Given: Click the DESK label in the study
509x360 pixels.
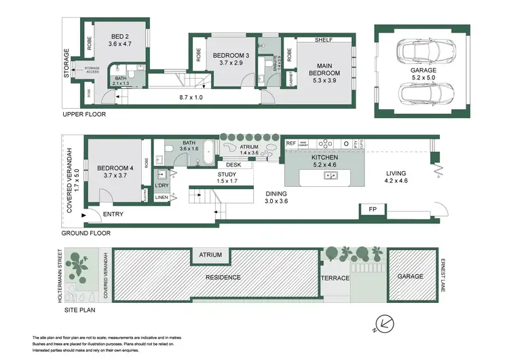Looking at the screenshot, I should (x=234, y=164).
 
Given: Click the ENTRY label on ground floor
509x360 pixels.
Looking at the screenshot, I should (x=112, y=215).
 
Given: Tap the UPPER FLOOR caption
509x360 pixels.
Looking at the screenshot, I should (x=84, y=114).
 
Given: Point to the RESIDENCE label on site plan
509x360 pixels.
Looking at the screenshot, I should (x=223, y=277).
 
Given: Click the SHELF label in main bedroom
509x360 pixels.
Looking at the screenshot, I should (x=322, y=40).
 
